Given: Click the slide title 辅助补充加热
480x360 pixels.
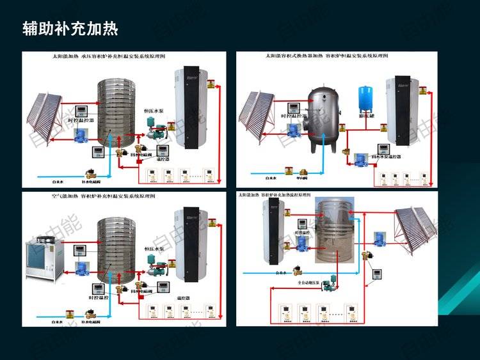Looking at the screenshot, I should (70, 29).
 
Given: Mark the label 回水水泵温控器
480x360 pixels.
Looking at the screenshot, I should (387, 156).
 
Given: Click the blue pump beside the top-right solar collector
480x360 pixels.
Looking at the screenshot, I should (295, 130).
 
